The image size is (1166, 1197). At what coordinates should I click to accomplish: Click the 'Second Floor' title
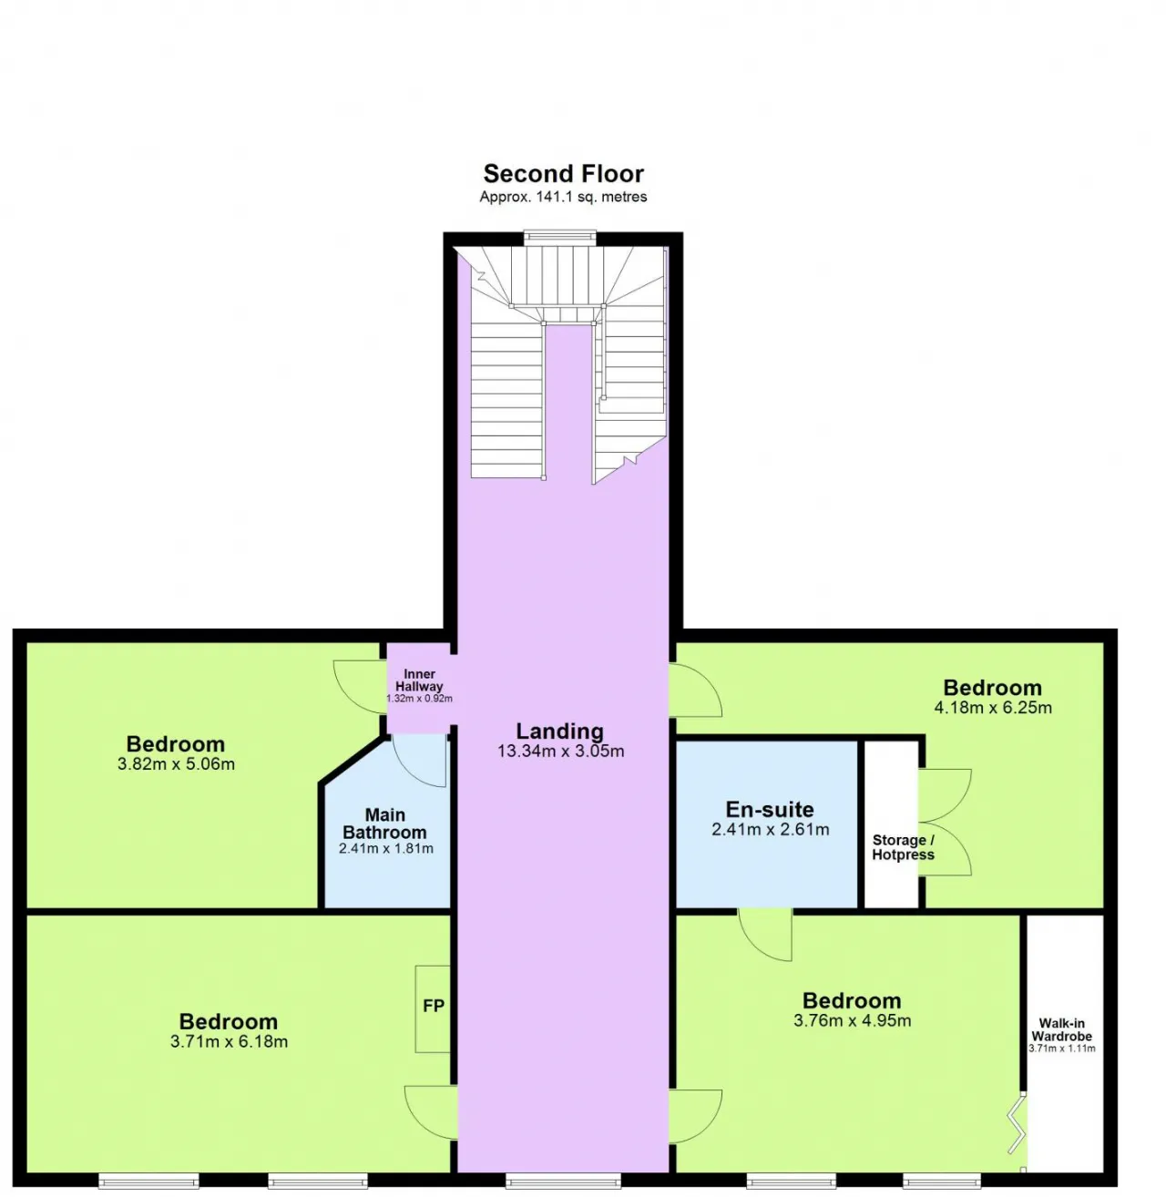pyautogui.click(x=563, y=174)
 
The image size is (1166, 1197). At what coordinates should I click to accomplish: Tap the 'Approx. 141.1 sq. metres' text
pyautogui.click(x=563, y=197)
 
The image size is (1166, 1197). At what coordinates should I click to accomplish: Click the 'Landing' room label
pyautogui.click(x=559, y=731)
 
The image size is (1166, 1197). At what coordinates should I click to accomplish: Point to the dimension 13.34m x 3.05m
pyautogui.click(x=560, y=751)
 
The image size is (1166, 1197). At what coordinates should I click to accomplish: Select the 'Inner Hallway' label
pyautogui.click(x=419, y=680)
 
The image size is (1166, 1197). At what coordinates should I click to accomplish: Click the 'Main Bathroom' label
pyautogui.click(x=384, y=824)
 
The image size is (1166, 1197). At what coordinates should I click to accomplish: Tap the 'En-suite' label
pyautogui.click(x=770, y=809)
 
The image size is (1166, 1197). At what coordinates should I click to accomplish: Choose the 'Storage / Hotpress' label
pyautogui.click(x=903, y=847)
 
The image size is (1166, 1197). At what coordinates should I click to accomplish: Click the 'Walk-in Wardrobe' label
pyautogui.click(x=1061, y=1029)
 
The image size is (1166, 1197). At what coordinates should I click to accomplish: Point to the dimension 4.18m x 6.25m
pyautogui.click(x=993, y=708)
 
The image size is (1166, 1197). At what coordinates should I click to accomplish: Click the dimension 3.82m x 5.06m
pyautogui.click(x=176, y=764)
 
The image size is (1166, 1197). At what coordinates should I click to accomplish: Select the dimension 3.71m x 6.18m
pyautogui.click(x=229, y=1041)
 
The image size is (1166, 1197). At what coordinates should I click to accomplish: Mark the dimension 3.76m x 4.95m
pyautogui.click(x=852, y=1020)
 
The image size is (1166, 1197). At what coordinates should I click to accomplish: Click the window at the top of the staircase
pyautogui.click(x=559, y=238)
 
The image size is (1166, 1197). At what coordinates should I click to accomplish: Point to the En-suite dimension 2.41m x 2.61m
pyautogui.click(x=770, y=829)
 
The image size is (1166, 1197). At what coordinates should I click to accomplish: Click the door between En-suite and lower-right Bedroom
pyautogui.click(x=765, y=935)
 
